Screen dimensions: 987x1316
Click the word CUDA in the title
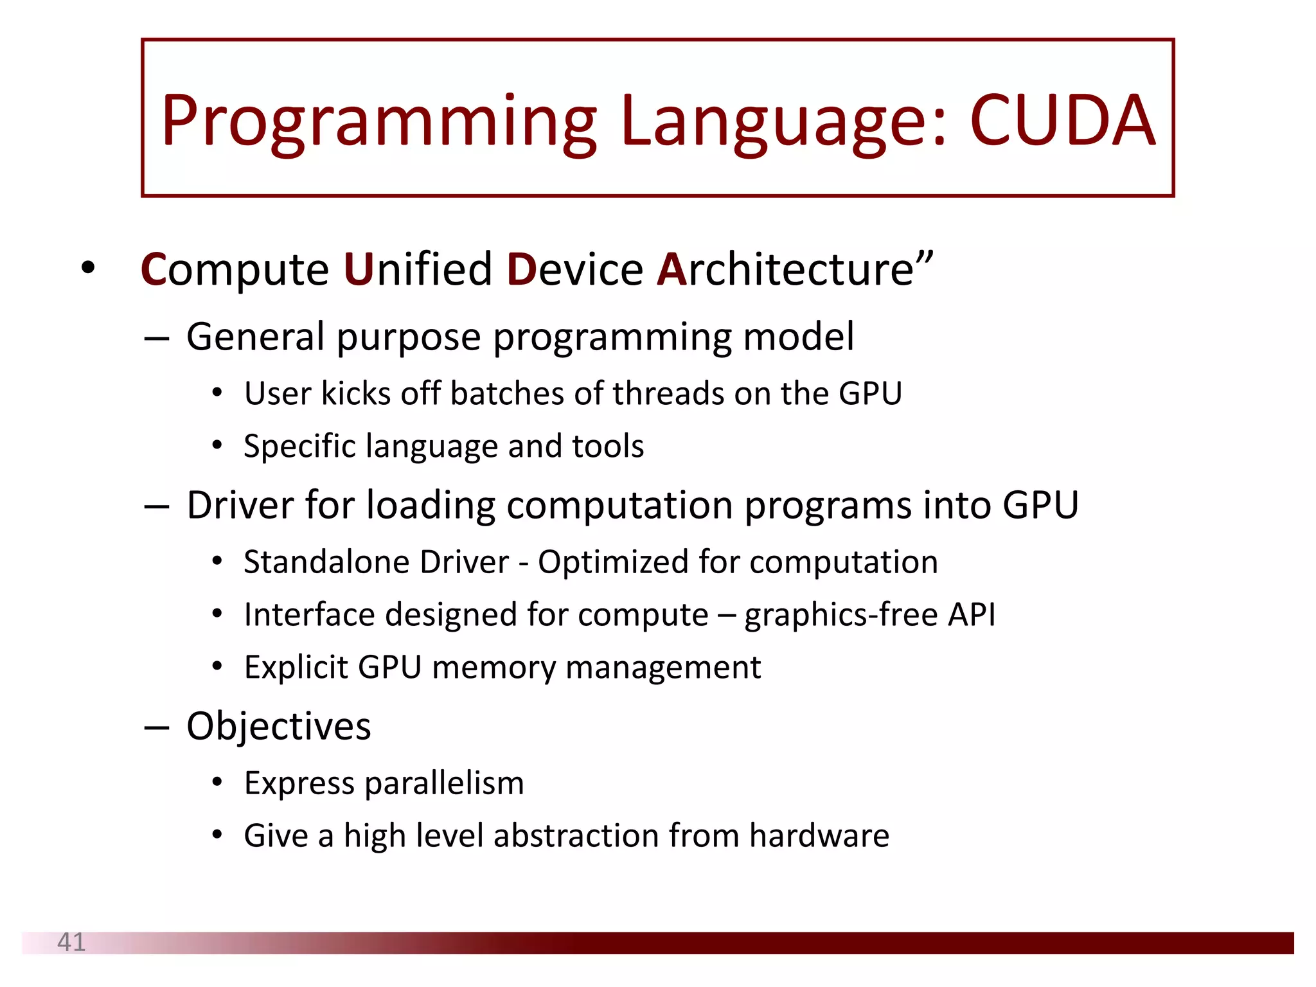click(1062, 120)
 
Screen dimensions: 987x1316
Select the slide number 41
click(71, 942)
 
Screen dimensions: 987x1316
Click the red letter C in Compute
click(153, 269)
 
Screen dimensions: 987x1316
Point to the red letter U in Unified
click(358, 269)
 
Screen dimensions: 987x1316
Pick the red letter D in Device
click(521, 269)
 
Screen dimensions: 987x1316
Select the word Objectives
click(278, 727)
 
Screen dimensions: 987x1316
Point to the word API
click(972, 614)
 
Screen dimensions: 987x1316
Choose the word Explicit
click(296, 668)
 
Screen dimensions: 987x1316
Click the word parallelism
click(444, 784)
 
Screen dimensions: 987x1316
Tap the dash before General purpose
click(157, 337)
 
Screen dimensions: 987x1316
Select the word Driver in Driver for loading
click(240, 505)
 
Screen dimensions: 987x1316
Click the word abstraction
click(576, 836)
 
